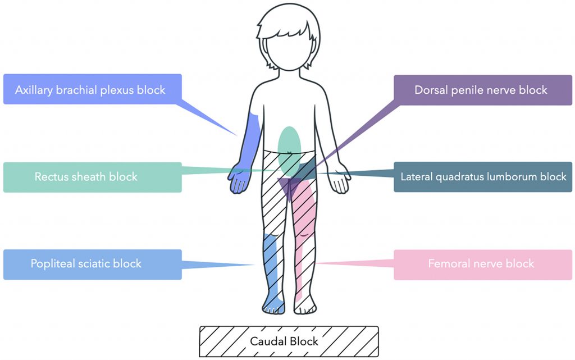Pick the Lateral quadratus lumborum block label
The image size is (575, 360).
483,177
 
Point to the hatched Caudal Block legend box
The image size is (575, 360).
289,341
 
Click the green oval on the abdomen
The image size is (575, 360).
289,143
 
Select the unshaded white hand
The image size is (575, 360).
340,181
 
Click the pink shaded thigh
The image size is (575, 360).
306,208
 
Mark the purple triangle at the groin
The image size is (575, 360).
289,188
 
